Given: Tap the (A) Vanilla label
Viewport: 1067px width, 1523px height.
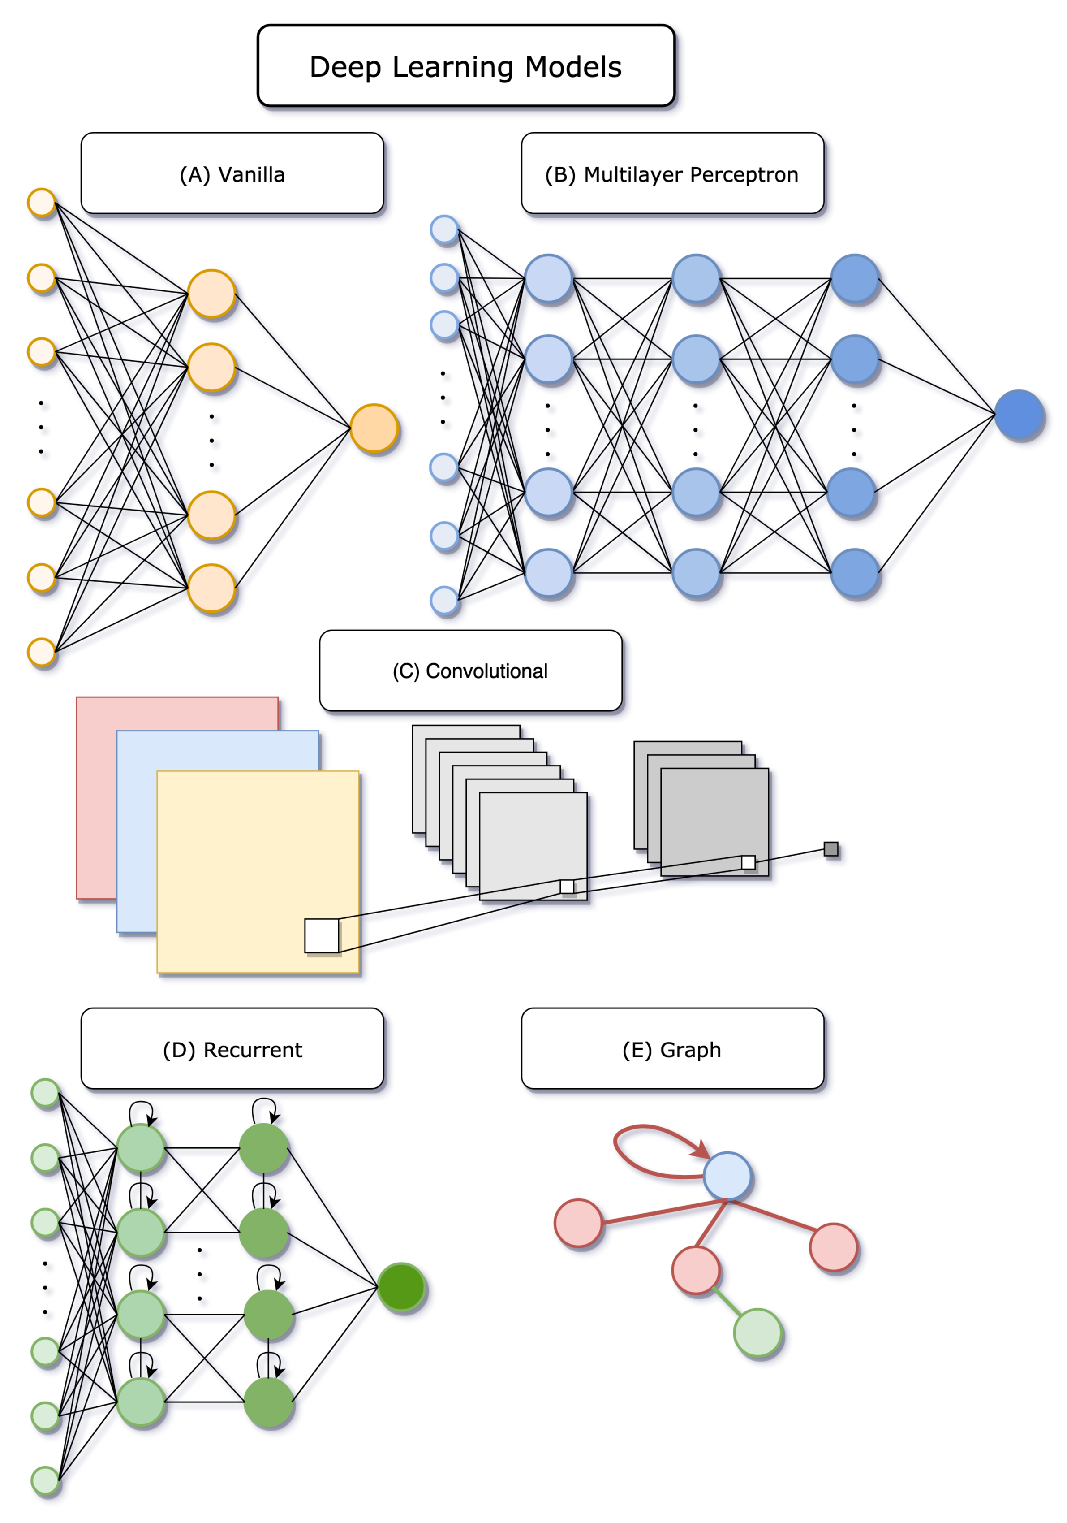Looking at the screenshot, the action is pyautogui.click(x=232, y=174).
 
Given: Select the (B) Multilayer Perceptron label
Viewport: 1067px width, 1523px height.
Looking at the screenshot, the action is pyautogui.click(x=672, y=174).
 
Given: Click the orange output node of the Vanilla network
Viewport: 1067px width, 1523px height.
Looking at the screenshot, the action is pyautogui.click(x=374, y=428).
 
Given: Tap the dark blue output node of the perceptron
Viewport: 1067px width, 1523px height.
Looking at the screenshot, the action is pyautogui.click(x=1019, y=415).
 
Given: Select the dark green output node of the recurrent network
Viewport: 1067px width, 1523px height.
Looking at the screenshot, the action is pyautogui.click(x=401, y=1287).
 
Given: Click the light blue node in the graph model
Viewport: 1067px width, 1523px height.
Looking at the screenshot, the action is pyautogui.click(x=727, y=1175).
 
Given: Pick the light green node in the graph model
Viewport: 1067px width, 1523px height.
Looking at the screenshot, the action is pyautogui.click(x=758, y=1332).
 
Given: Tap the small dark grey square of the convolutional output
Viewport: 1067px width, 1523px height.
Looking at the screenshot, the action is pyautogui.click(x=831, y=849).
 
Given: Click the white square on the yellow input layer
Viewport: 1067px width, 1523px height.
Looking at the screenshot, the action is pyautogui.click(x=322, y=935).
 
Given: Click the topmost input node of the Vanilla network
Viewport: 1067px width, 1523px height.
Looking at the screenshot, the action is pyautogui.click(x=41, y=202).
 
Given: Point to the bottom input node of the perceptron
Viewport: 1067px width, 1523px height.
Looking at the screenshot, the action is pyautogui.click(x=444, y=600).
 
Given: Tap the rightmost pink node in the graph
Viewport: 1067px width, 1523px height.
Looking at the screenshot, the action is pyautogui.click(x=834, y=1247).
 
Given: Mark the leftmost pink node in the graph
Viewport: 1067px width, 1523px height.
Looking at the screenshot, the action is pyautogui.click(x=578, y=1223).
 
